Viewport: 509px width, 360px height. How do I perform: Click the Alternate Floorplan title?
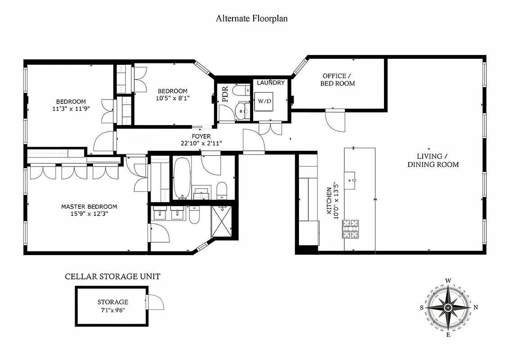click(251, 18)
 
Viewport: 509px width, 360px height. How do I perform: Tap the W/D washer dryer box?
click(264, 101)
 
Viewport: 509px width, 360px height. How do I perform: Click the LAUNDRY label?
click(271, 83)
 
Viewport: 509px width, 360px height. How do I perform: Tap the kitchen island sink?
click(351, 180)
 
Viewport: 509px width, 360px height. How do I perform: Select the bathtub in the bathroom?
click(182, 178)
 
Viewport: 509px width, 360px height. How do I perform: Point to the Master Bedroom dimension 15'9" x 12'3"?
click(89, 214)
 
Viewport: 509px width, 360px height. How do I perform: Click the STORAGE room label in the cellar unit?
click(113, 302)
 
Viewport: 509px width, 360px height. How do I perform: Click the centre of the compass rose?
click(448, 307)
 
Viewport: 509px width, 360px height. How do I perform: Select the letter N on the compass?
click(476, 308)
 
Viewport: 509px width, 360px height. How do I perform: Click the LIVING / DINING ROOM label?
click(433, 160)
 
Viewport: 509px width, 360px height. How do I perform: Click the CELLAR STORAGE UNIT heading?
click(112, 276)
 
